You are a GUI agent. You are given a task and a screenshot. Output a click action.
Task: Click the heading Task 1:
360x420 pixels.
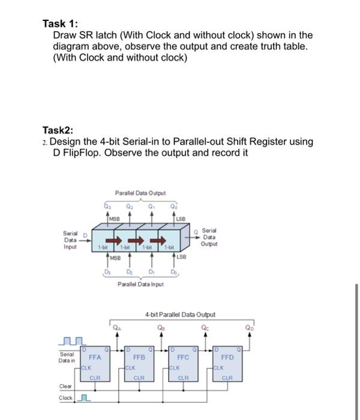[x=60, y=23]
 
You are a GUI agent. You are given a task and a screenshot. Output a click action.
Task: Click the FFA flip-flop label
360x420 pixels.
[x=95, y=356]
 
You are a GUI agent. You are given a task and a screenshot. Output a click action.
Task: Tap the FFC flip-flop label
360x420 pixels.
[x=183, y=356]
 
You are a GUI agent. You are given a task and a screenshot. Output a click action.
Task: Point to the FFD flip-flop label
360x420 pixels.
[x=228, y=356]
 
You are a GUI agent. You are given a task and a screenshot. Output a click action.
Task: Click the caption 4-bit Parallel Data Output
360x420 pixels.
[x=180, y=314]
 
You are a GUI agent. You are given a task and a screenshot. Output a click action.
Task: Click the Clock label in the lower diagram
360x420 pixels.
[x=65, y=398]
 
